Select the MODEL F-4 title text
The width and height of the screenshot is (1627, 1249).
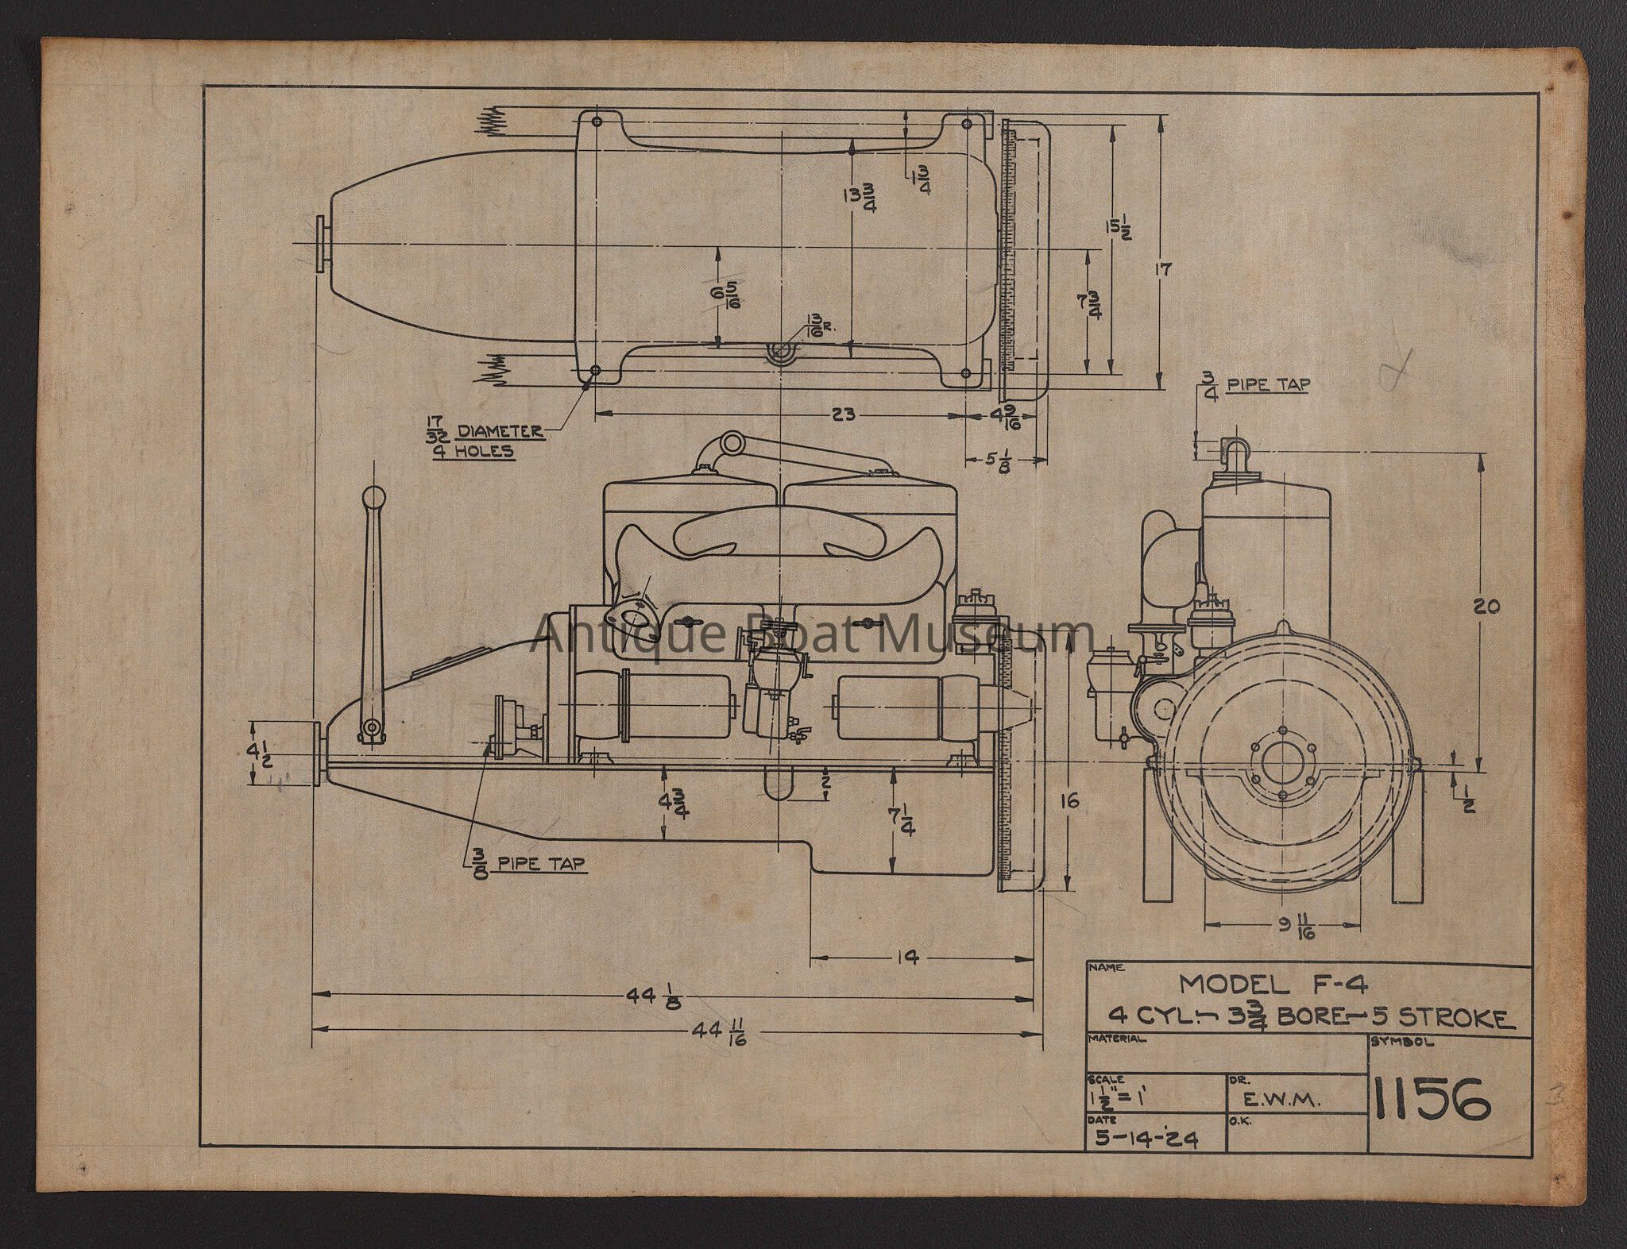click(x=1273, y=985)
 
